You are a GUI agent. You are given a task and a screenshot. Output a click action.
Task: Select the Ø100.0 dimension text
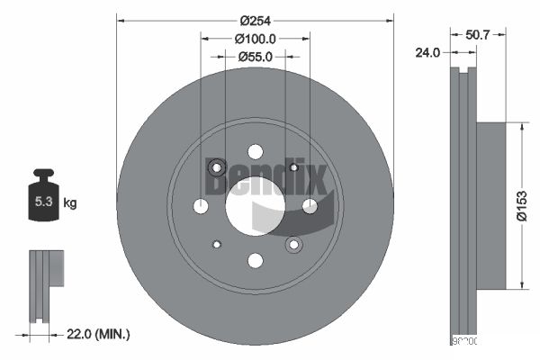point(255,39)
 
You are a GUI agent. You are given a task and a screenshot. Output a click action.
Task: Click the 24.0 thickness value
point(427,52)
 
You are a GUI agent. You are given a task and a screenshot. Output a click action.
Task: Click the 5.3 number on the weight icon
point(42,202)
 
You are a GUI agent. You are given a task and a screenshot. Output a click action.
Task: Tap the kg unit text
point(70,203)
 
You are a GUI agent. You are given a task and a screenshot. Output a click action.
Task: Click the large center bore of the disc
point(255,206)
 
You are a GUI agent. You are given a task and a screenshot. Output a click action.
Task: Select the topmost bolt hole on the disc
point(255,151)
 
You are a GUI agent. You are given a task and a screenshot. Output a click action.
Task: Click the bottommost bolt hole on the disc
point(255,261)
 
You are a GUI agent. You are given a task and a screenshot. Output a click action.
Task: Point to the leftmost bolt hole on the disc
point(201,206)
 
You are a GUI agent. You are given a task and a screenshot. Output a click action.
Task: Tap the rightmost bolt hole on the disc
point(310,206)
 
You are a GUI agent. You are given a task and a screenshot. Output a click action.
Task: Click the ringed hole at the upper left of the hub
point(216,167)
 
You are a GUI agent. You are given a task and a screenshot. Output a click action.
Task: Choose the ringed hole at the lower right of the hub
point(293,245)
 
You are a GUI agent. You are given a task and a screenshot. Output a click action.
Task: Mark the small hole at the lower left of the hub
point(216,245)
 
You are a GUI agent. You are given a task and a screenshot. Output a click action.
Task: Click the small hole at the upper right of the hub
point(293,167)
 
